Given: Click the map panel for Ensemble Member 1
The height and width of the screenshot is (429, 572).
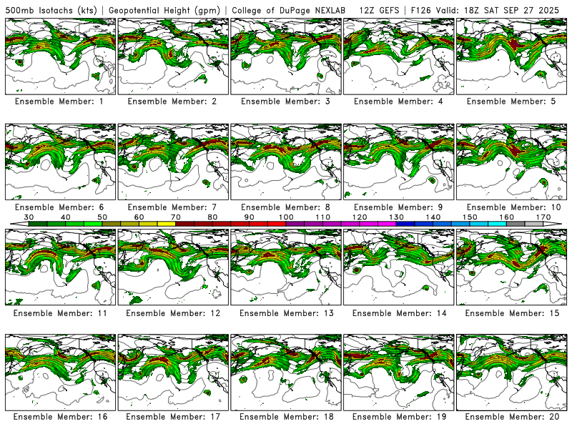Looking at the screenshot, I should [x=60, y=56].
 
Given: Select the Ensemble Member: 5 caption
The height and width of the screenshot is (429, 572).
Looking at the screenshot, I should [x=512, y=102].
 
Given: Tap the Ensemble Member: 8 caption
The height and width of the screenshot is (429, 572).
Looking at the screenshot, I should [x=286, y=207].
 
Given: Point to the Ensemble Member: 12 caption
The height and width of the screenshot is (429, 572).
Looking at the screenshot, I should [x=173, y=312].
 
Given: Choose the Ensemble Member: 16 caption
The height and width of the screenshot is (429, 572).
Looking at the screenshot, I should [x=60, y=417].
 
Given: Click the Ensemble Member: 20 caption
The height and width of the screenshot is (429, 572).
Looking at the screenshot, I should [x=512, y=417].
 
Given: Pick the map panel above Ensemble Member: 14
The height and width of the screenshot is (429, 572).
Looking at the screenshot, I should [x=399, y=266].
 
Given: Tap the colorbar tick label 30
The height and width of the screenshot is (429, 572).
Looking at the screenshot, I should [x=29, y=217].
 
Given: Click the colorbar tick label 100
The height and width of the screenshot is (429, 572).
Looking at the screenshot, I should [x=286, y=217].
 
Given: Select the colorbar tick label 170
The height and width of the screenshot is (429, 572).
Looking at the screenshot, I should [x=543, y=217].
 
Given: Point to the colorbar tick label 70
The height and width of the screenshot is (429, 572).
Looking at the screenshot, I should [x=176, y=217].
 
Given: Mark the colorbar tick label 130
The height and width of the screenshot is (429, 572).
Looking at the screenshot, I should [x=396, y=217].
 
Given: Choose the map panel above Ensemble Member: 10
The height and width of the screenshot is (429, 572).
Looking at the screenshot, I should [x=512, y=162].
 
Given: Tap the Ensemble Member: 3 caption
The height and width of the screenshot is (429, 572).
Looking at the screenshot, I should [x=286, y=102].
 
